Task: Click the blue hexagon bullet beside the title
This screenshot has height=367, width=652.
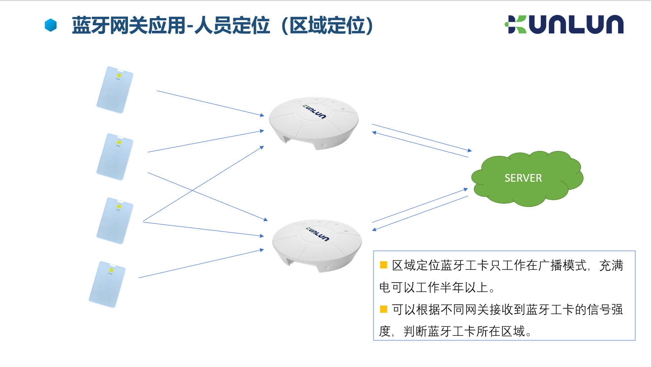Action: coord(50,25)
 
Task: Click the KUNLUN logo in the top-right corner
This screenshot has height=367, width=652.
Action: coord(564,24)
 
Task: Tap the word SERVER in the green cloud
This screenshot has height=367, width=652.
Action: coord(523,178)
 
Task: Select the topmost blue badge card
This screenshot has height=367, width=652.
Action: coord(115,90)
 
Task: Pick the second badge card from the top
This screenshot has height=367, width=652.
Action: coord(115,157)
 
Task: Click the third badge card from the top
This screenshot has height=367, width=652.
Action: coord(115,221)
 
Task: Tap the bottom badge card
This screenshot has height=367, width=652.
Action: coord(107,284)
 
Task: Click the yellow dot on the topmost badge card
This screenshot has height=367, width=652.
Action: coord(119,75)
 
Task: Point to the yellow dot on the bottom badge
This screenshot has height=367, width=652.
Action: coord(111,270)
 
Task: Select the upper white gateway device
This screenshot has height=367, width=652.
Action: coord(314,123)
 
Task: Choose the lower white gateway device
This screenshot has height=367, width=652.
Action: coord(317,245)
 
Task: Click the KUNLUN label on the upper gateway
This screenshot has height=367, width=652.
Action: coord(314,112)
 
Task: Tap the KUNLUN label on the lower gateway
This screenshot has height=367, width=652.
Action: coord(317,234)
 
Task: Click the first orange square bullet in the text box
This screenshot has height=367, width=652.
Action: coord(383,265)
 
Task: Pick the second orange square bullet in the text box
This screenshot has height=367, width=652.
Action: coord(383,309)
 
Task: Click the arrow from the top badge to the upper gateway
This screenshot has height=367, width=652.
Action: coord(210,104)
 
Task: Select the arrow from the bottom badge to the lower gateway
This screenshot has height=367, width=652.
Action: coord(201,263)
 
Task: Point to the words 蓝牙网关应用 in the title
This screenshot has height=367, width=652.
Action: coord(129,25)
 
